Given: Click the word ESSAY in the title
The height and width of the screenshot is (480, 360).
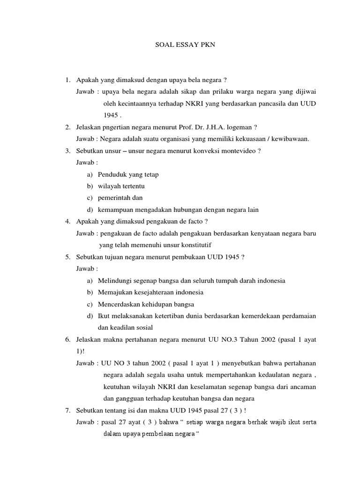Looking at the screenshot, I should click(x=180, y=45).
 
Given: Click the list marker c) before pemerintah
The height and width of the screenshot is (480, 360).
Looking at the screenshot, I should click(x=90, y=198).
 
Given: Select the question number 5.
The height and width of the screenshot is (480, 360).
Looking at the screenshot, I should click(x=67, y=257).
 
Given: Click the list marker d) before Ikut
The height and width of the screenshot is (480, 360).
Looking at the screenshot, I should click(x=90, y=316).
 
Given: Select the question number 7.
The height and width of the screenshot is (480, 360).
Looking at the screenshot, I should click(x=67, y=411).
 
